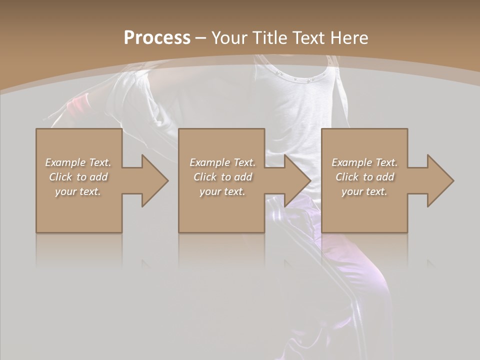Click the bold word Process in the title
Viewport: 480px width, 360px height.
[x=157, y=38]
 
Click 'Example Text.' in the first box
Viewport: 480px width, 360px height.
[x=78, y=162]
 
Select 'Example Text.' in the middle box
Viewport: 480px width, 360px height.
[x=222, y=162]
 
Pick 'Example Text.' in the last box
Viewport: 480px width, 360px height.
[x=364, y=162]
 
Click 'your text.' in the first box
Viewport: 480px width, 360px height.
[x=78, y=191]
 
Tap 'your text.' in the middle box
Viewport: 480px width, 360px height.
[x=222, y=191]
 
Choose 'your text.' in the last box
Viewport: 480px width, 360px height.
[x=364, y=191]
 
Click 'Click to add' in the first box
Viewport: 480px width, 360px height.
[x=78, y=177]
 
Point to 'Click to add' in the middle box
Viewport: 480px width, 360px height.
[x=222, y=177]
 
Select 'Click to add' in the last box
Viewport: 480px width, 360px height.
[x=364, y=177]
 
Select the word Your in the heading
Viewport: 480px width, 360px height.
[x=229, y=38]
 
